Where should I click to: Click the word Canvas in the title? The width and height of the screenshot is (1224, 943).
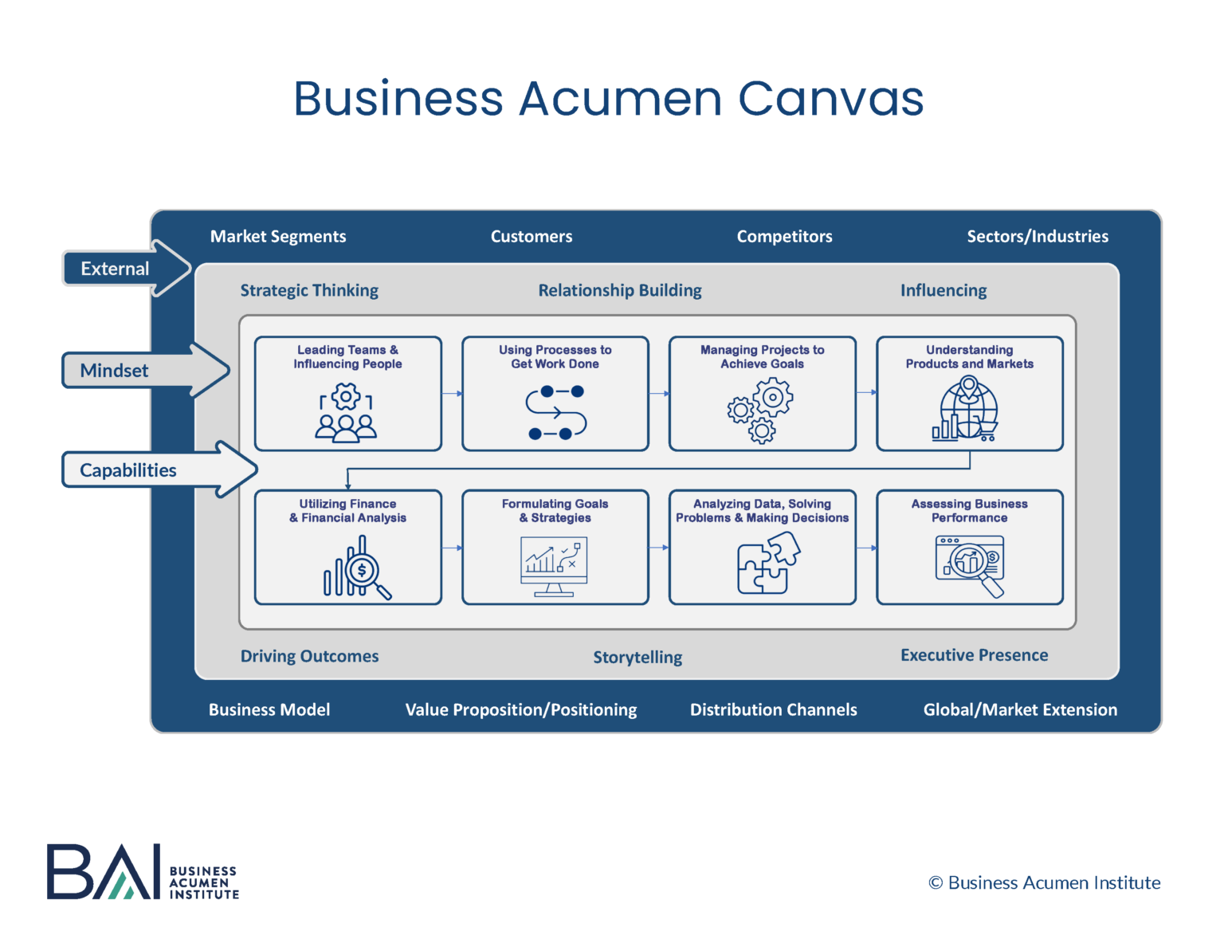[830, 99]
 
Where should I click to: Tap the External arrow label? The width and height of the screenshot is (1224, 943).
[115, 269]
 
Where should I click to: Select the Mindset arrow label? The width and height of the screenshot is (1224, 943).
[114, 371]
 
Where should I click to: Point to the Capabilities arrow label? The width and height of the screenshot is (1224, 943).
[128, 470]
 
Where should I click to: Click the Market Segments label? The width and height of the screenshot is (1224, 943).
[278, 236]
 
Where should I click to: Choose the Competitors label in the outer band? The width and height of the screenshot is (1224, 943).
[784, 236]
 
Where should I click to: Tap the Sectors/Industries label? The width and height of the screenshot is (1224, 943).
[1037, 236]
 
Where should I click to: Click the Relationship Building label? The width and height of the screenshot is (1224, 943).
[620, 290]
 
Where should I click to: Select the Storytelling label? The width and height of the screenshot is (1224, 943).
[637, 657]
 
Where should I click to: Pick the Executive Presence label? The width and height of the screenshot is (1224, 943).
[974, 655]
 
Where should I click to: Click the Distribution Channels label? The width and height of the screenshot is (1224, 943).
[773, 709]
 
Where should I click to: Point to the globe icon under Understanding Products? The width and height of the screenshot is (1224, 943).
[967, 410]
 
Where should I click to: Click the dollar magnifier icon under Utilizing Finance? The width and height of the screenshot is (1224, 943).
[358, 568]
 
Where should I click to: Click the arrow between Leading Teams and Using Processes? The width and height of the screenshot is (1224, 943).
[452, 393]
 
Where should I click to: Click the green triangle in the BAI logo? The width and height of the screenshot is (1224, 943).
[121, 886]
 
